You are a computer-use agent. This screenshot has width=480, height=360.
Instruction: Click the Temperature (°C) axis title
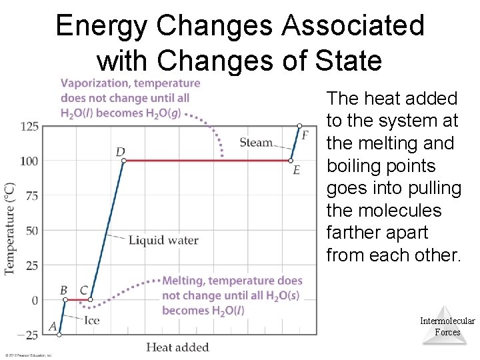tap(10, 229)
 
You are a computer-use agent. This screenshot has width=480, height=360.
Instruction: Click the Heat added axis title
tap(177, 347)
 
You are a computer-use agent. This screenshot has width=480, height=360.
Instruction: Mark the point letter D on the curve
tap(121, 152)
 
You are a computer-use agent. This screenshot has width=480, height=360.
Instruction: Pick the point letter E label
tap(296, 171)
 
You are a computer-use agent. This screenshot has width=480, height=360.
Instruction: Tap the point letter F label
tap(305, 135)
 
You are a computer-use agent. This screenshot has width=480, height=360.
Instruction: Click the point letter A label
tap(53, 327)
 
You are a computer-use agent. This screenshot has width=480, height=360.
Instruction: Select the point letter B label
tap(64, 290)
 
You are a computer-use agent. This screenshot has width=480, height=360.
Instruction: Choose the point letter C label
tap(83, 290)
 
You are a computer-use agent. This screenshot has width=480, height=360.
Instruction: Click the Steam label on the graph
tap(256, 142)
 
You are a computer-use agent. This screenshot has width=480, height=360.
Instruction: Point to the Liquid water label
tap(163, 240)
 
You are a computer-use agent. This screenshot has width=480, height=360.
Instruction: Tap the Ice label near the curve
tap(92, 320)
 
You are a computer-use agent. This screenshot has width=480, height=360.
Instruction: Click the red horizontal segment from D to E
tap(207, 161)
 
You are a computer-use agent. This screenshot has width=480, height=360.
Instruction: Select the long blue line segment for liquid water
tap(107, 230)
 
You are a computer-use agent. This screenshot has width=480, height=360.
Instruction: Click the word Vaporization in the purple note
tap(91, 83)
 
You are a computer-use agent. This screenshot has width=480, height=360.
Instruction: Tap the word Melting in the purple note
tap(183, 281)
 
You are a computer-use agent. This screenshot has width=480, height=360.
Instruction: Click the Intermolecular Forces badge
tap(447, 326)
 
